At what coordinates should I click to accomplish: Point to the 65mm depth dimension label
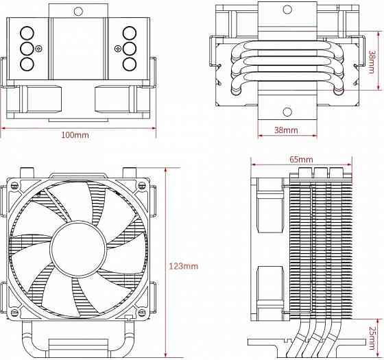[x=300, y=159]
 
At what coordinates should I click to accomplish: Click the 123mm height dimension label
[x=183, y=265]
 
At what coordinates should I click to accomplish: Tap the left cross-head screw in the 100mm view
[x=39, y=49]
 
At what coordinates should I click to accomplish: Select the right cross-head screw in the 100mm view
[x=118, y=49]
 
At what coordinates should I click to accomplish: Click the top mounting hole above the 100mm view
[x=78, y=12]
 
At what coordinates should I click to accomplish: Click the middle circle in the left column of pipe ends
[x=27, y=49]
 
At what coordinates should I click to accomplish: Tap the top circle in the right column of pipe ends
[x=130, y=34]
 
